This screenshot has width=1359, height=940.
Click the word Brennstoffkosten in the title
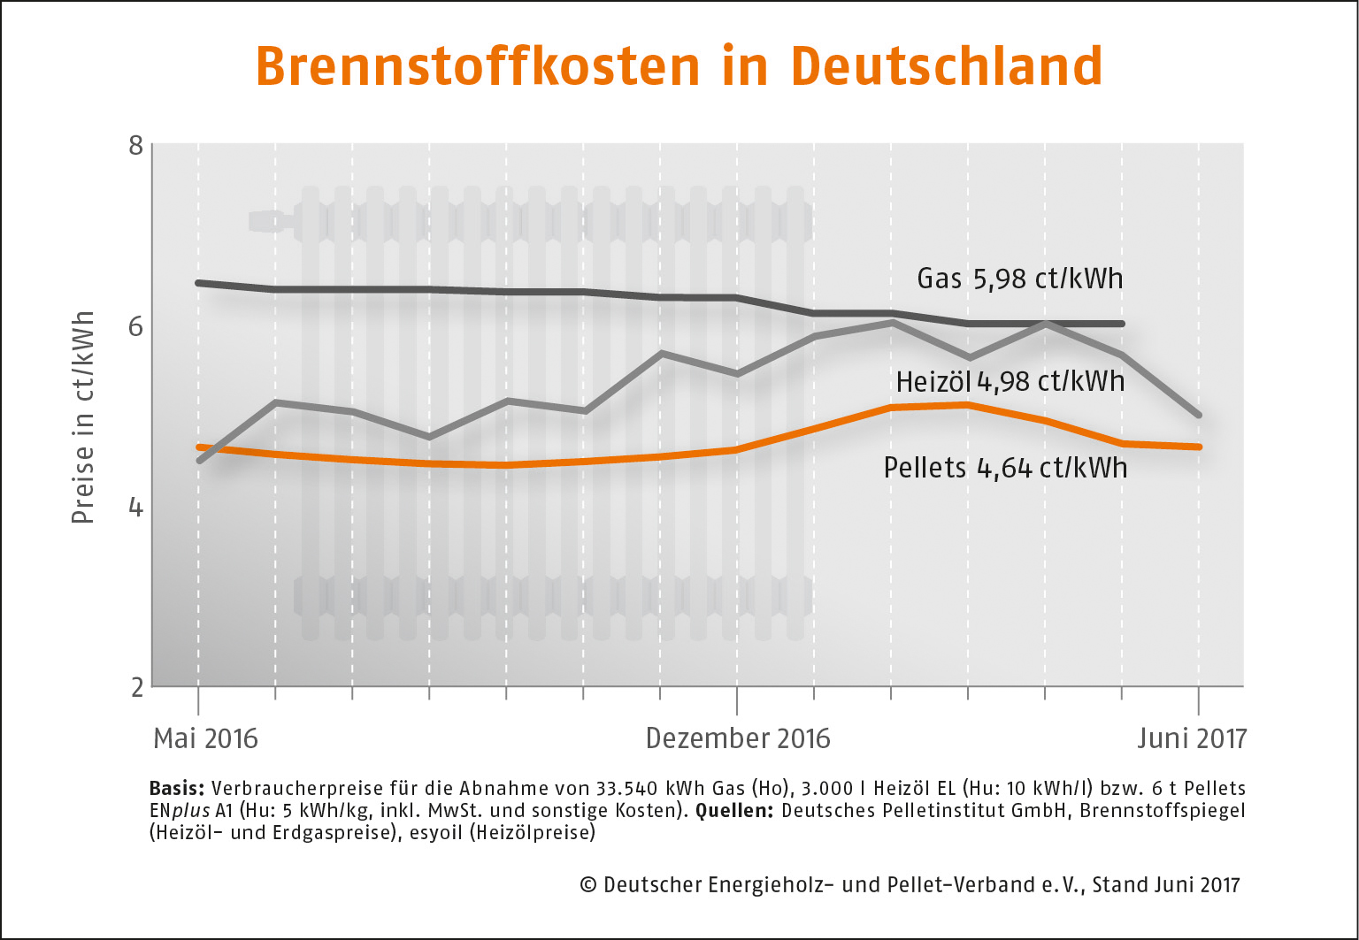click(x=478, y=66)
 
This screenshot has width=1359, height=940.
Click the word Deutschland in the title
click(x=946, y=66)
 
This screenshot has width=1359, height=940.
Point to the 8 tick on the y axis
click(x=135, y=144)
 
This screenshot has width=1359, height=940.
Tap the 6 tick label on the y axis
click(x=135, y=326)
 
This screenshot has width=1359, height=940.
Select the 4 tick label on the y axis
click(x=135, y=507)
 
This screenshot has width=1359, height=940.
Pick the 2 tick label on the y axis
click(x=136, y=687)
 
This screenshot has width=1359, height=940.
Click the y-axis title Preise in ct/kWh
click(x=83, y=417)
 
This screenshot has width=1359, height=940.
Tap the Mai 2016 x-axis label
click(x=205, y=738)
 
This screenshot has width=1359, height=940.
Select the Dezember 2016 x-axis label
click(x=738, y=738)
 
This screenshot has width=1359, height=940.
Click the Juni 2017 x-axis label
click(x=1191, y=738)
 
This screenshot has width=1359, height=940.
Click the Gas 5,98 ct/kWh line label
click(x=1019, y=279)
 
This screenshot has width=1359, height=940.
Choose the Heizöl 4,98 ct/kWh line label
click(x=1010, y=381)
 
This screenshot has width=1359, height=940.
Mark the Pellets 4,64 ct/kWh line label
click(x=1005, y=467)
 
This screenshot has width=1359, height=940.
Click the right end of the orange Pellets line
click(x=1199, y=447)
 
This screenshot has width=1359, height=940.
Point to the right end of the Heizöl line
click(x=1199, y=415)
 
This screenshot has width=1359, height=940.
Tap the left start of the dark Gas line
click(x=198, y=283)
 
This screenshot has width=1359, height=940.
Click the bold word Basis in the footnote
click(x=178, y=788)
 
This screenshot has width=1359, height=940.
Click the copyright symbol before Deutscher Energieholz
click(x=588, y=885)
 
